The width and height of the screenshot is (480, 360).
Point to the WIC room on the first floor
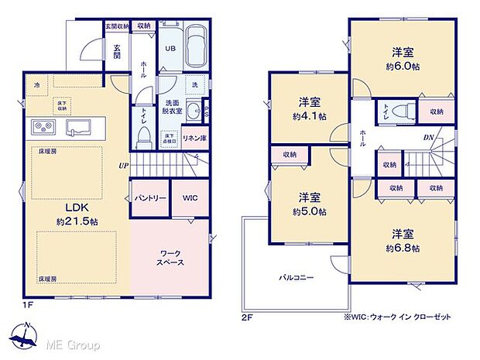coord(190,198)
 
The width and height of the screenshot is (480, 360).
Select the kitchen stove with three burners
coord(43,127)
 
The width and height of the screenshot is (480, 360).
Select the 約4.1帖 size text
coord(309,116)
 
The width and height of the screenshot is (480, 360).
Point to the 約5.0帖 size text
coord(309,211)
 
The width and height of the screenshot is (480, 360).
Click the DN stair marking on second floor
coord(427,139)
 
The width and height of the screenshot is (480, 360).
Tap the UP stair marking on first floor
coord(122,166)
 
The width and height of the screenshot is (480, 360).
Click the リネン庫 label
coord(192,137)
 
